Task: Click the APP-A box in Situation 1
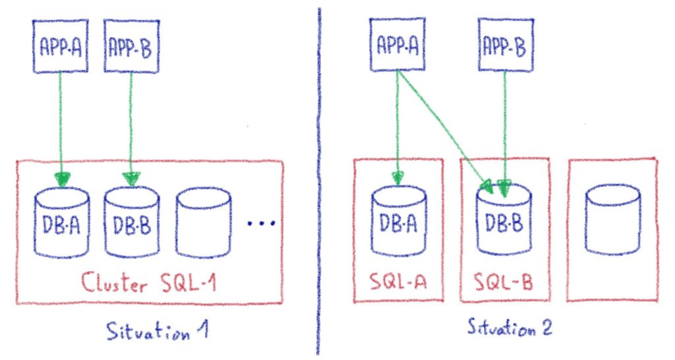pos(59,45)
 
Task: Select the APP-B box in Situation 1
pos(132,45)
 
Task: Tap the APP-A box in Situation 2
pos(399,45)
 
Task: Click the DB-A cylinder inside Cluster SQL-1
pos(61,224)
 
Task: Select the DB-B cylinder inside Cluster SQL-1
pos(131,224)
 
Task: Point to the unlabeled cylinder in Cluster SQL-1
pos(204,224)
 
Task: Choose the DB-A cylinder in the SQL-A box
pos(399,222)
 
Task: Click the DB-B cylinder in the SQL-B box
pos(504,222)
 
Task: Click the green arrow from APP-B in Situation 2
pos(505,125)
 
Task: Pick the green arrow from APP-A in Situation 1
pos(61,119)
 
